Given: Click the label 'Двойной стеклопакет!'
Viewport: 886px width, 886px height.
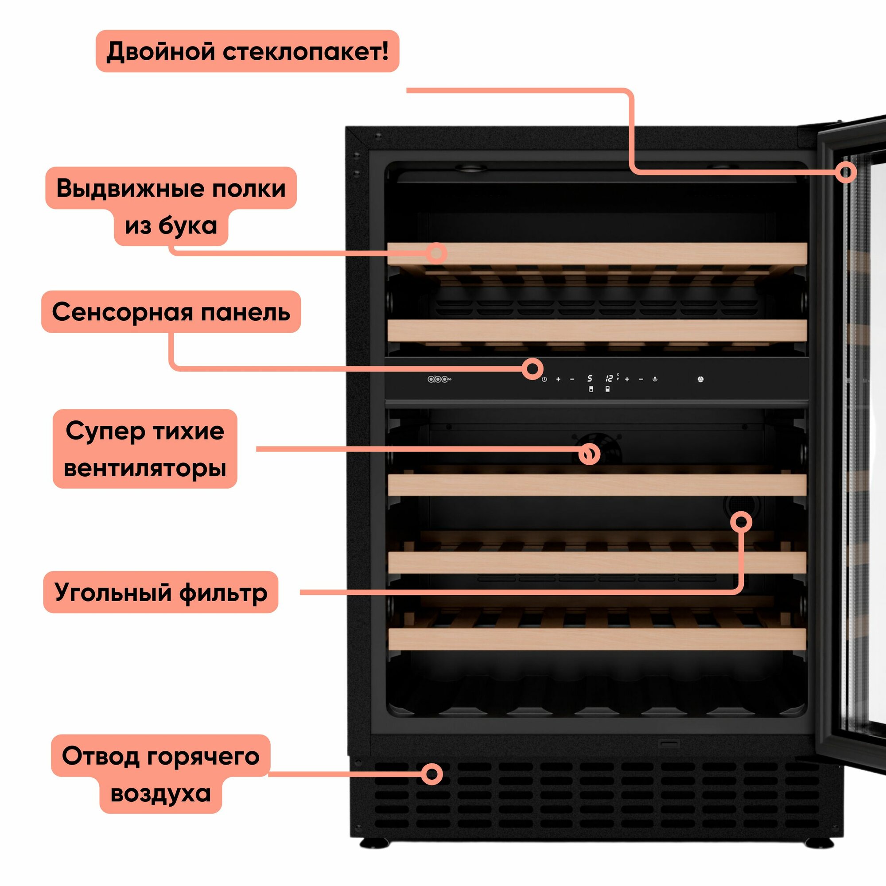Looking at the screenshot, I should click(247, 51).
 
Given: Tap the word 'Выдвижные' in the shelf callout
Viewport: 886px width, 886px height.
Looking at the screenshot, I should click(115, 188).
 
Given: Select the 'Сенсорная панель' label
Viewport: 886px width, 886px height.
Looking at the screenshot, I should click(171, 312).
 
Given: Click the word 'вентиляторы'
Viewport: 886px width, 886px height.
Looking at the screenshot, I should click(145, 468).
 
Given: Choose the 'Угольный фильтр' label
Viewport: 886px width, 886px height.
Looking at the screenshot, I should click(160, 592).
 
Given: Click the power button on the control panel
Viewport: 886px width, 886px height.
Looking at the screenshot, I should click(544, 379).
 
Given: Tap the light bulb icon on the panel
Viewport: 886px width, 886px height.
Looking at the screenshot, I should click(655, 379).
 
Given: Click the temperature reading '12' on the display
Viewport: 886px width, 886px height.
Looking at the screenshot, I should click(609, 378).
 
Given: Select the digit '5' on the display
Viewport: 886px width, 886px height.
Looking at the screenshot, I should click(590, 378).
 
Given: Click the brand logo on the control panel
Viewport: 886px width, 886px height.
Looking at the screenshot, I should click(439, 379).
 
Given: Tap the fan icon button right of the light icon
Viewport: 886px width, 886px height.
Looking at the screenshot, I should click(700, 379).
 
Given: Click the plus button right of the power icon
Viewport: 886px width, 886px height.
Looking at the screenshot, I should click(558, 379).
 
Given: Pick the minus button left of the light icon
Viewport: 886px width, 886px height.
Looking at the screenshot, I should click(641, 379).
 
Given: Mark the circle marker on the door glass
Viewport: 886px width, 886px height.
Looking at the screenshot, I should click(846, 173).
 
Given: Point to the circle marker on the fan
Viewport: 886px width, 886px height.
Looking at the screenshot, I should click(589, 454).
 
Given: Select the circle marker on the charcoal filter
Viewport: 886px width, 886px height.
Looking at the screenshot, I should click(741, 522).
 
